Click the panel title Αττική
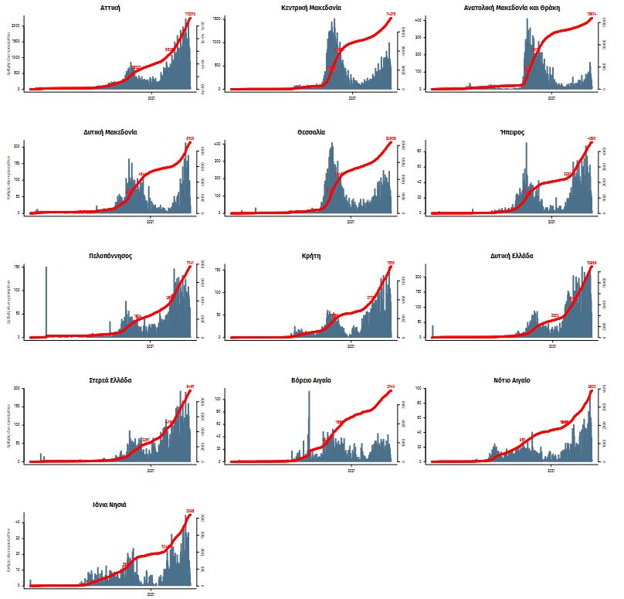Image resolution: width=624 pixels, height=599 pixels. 109,7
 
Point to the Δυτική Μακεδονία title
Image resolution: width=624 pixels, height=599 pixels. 109,132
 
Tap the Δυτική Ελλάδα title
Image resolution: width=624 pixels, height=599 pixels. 511,256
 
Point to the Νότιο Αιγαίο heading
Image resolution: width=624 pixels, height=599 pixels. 511,380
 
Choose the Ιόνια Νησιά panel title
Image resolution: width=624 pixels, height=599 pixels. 109,505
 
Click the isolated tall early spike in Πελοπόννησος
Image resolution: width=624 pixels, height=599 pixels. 46,301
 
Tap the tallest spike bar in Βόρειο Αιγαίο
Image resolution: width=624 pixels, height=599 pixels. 309,425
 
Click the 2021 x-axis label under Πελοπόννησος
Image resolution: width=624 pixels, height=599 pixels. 151,346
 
